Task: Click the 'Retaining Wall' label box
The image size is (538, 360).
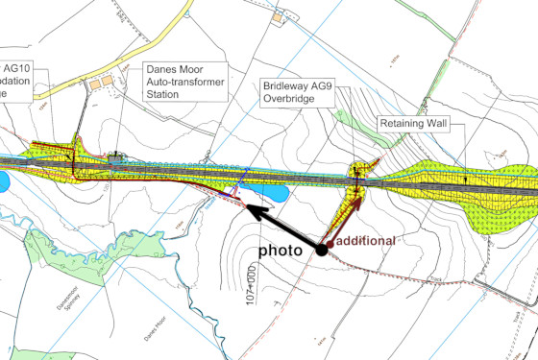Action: pyautogui.click(x=419, y=126)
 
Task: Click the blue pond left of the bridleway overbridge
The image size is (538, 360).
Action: pyautogui.click(x=270, y=195)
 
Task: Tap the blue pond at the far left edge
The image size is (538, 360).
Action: pyautogui.click(x=3, y=180)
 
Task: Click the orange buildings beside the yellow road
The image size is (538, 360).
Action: pyautogui.click(x=100, y=84)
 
